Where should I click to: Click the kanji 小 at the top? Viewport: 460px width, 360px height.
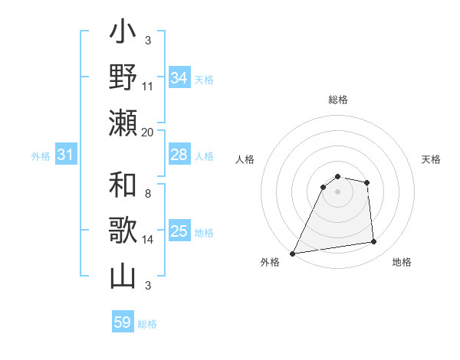click(x=123, y=34)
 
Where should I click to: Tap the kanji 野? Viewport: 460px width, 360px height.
click(x=123, y=78)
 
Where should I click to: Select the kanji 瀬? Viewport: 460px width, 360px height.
click(x=123, y=123)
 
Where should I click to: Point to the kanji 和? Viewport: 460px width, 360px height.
click(x=123, y=187)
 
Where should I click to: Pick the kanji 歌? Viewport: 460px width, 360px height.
click(x=123, y=231)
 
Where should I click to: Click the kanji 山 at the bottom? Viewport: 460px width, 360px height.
click(x=123, y=276)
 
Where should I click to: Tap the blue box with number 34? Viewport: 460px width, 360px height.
click(x=179, y=77)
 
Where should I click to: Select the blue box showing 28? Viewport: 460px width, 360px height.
click(x=179, y=155)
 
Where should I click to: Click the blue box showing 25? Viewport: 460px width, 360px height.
click(x=179, y=231)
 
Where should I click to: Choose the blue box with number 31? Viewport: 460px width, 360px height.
click(x=66, y=155)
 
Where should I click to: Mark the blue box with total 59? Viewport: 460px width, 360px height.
click(x=123, y=322)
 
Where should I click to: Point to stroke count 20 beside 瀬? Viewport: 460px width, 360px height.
click(x=148, y=132)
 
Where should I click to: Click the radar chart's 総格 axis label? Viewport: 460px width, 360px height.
click(x=337, y=100)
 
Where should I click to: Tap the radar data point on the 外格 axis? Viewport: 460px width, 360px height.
click(x=292, y=254)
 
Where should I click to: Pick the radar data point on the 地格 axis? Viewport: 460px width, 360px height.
click(x=374, y=242)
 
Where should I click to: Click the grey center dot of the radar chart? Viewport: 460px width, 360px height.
click(x=337, y=191)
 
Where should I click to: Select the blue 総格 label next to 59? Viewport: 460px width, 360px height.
click(x=147, y=324)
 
